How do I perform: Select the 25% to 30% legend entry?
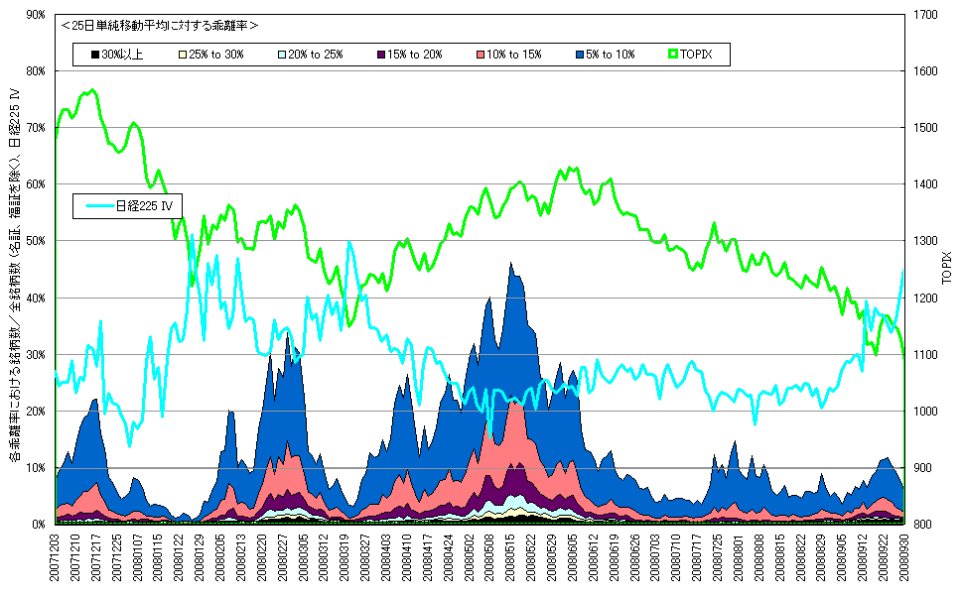click(x=210, y=54)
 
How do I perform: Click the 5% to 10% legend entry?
click(x=604, y=54)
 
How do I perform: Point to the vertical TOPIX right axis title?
click(x=946, y=269)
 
